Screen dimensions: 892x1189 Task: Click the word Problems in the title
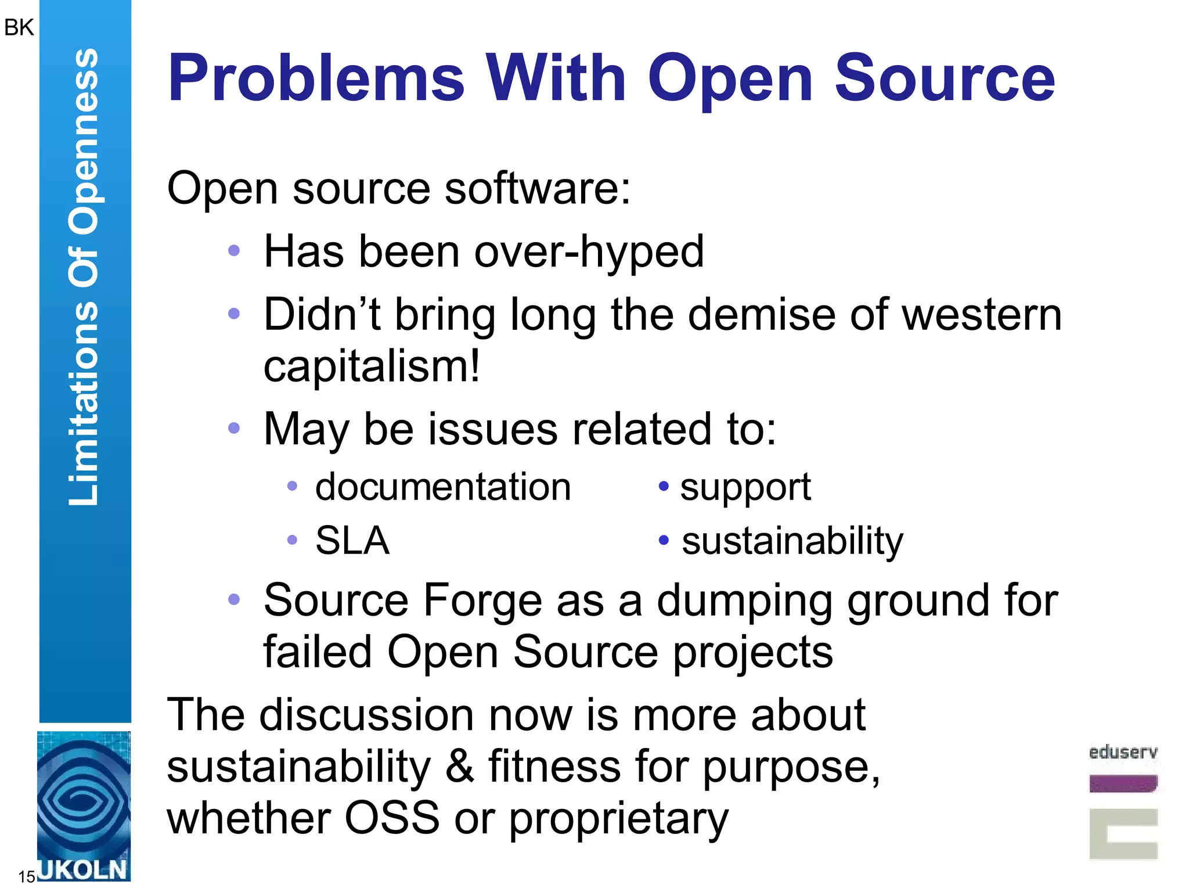point(316,78)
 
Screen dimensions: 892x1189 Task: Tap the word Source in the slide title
point(945,78)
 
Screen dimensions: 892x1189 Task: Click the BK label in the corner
point(19,27)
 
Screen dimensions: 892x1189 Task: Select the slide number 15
point(26,876)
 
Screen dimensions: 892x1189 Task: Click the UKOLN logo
point(84,807)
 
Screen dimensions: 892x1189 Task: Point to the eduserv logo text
point(1123,752)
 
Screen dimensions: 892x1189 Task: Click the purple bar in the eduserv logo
point(1123,783)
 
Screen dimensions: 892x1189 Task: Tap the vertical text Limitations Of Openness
point(84,277)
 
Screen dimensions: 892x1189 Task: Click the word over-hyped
point(589,252)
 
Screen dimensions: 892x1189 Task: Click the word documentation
point(443,487)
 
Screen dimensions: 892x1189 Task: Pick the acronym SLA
point(352,541)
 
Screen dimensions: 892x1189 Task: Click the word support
point(745,488)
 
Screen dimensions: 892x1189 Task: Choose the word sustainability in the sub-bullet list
point(792,542)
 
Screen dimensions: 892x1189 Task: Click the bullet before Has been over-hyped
point(234,251)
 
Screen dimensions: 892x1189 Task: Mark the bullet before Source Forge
point(234,599)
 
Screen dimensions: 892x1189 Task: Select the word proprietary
point(618,819)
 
